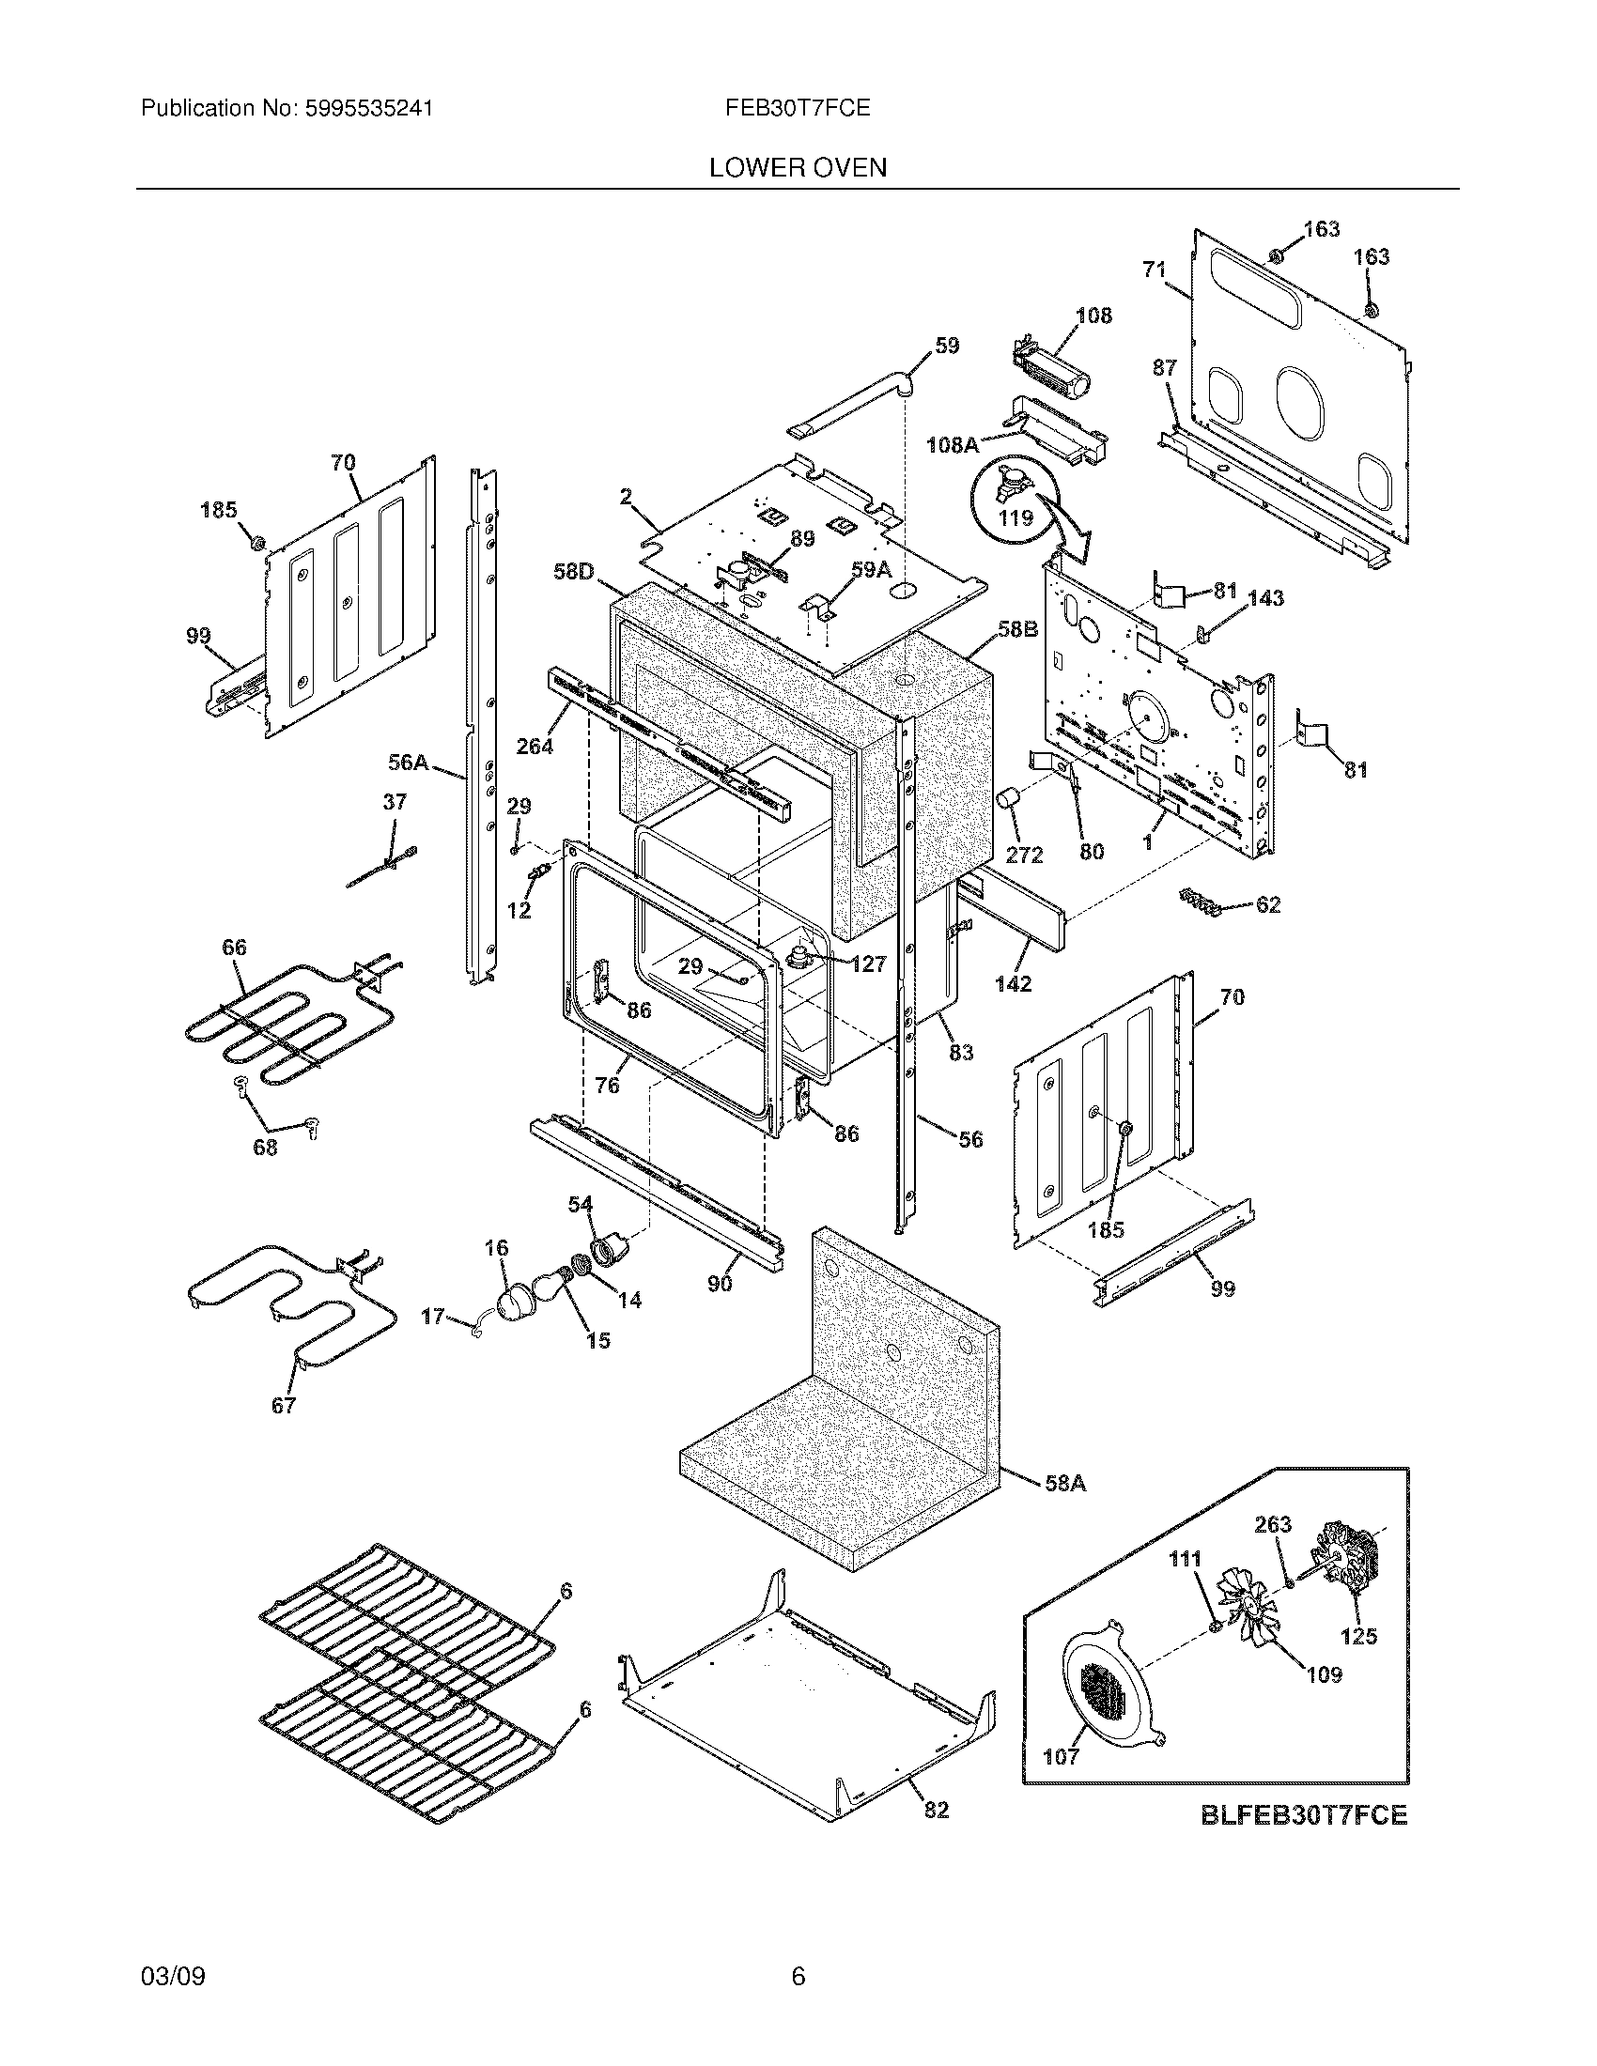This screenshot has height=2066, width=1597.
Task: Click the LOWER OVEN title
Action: click(798, 168)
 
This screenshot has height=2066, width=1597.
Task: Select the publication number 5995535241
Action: click(369, 109)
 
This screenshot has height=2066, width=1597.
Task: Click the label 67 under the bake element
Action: click(284, 1406)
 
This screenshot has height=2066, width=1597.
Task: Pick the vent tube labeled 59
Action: click(851, 404)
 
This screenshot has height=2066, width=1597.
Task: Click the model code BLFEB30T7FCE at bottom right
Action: click(1304, 1815)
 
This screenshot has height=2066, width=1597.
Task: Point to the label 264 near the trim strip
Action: click(535, 747)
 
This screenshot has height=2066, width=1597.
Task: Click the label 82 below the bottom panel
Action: click(936, 1811)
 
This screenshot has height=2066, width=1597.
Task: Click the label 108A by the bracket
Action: click(952, 443)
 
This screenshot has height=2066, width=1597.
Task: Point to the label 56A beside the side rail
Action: click(409, 762)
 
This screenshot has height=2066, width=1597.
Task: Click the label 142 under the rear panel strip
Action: click(1013, 984)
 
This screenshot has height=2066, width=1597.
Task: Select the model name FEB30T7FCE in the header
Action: click(798, 109)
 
